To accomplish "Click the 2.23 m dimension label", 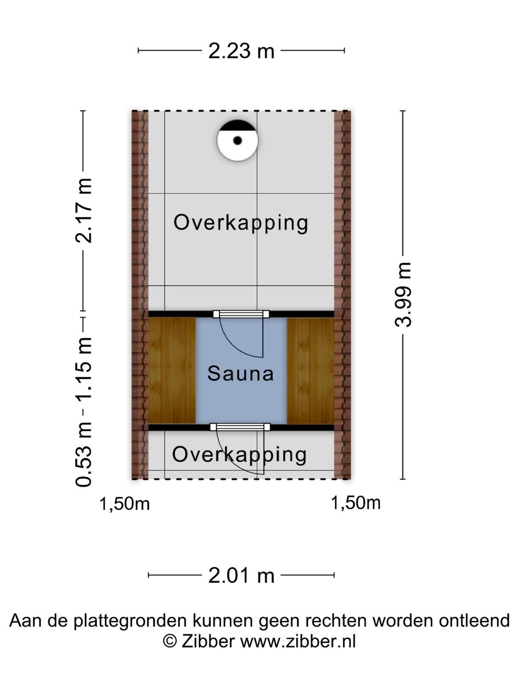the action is click(241, 51).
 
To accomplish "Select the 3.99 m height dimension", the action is click(403, 295).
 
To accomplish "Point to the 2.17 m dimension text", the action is click(84, 210).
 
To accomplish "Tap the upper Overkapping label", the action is click(240, 223).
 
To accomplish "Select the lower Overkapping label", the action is click(239, 455).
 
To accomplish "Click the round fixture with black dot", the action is click(237, 141).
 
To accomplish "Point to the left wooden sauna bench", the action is click(172, 370).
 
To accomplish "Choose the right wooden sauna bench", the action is click(310, 370).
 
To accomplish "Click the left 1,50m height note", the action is click(125, 504).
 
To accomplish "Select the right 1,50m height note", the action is click(356, 503).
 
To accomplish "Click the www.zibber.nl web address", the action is click(298, 641).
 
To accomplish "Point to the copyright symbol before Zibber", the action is click(170, 641).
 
